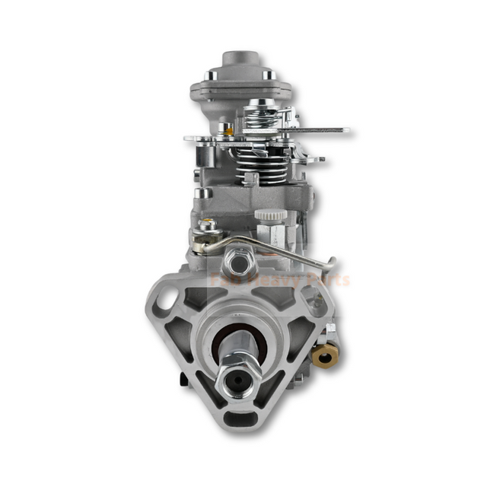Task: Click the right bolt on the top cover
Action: (x=267, y=75)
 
